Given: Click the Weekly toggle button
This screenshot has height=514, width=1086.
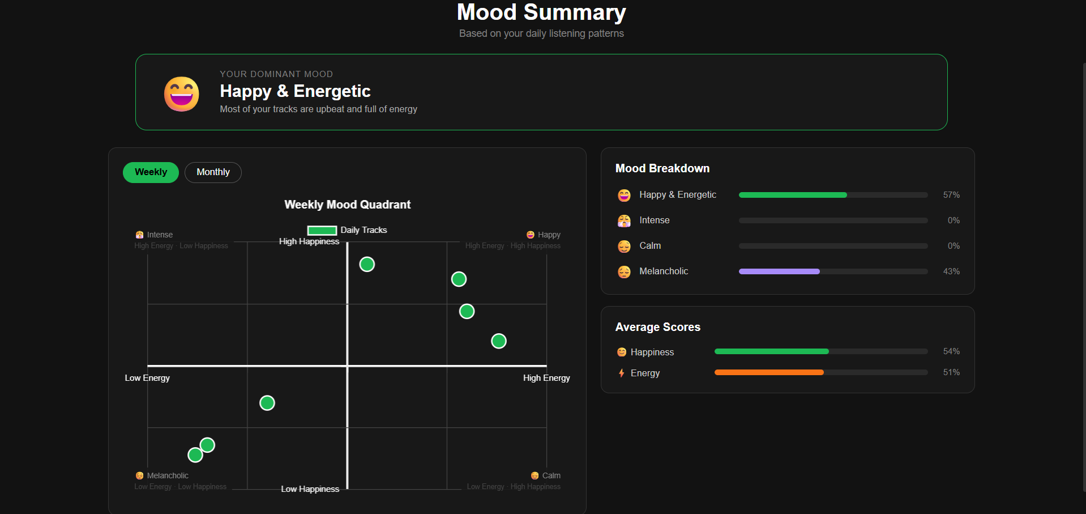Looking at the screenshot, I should pos(151,172).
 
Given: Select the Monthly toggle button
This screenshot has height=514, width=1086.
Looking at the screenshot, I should pos(213,172).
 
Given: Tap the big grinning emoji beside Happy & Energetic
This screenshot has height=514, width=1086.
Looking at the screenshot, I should pos(182,94).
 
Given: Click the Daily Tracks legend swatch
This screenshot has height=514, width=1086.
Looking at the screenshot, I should pos(322,230).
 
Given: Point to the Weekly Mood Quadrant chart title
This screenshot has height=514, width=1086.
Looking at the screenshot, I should pos(347,205).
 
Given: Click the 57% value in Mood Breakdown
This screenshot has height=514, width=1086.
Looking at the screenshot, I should pos(951,195).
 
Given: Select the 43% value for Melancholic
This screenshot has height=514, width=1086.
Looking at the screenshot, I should pos(951,271).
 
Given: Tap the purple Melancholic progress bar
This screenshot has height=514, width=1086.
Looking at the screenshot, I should pos(779,271).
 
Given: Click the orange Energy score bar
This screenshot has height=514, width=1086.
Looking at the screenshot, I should pos(769,372).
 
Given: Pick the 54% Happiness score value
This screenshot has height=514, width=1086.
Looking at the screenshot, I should pos(951,351).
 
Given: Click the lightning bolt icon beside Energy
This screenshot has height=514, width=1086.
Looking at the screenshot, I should pos(622,373).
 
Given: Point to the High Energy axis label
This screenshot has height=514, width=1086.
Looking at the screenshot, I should pos(546,378).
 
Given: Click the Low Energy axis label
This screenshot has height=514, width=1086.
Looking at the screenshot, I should pos(147,378).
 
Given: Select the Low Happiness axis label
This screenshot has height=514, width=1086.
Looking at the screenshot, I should pos(310,489).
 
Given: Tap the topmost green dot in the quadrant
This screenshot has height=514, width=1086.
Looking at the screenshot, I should pos(367,264).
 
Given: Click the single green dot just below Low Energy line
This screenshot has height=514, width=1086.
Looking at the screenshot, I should pos(267,403).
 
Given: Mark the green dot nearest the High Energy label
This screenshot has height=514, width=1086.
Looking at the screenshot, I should pos(499,341).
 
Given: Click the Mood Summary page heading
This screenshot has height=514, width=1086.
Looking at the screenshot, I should pos(541,12).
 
